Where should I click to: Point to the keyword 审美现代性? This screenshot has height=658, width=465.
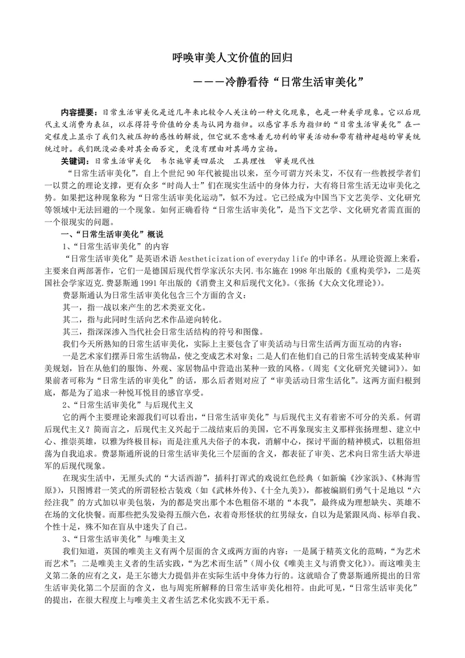click(x=300, y=161)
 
